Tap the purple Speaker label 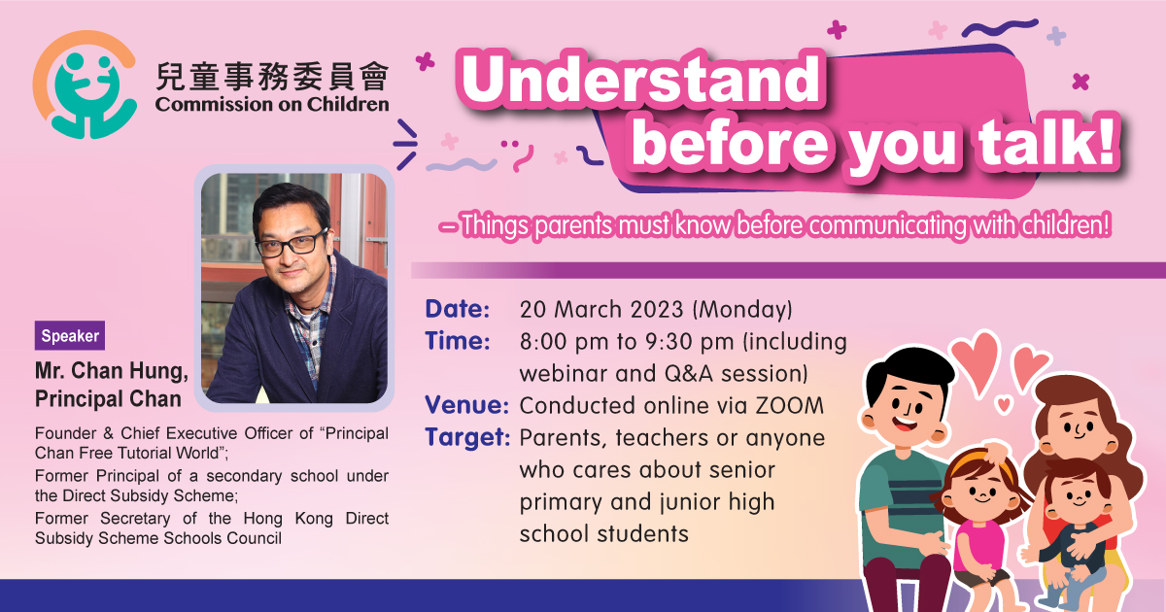click(x=70, y=337)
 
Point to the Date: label click(x=456, y=311)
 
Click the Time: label click(x=456, y=342)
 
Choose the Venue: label click(x=465, y=405)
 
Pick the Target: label click(x=467, y=437)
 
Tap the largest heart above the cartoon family click(x=975, y=356)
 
